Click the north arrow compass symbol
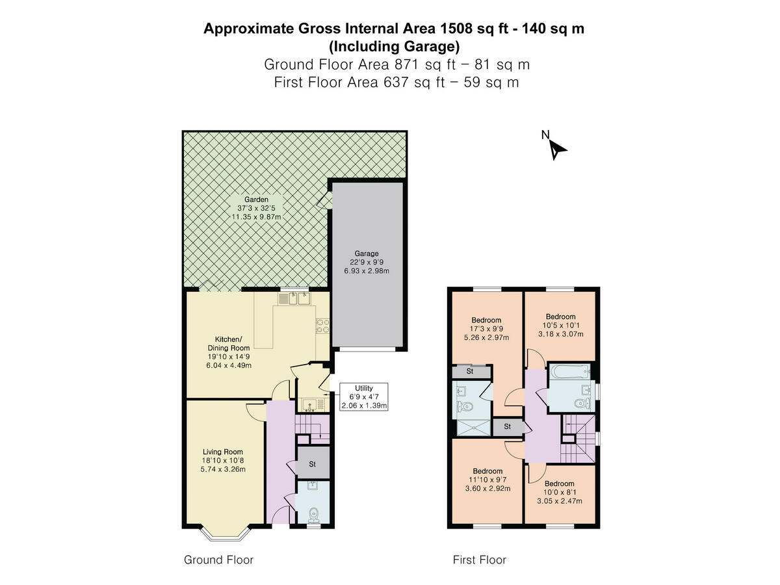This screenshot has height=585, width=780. click(x=556, y=148)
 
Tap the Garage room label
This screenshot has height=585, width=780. click(x=367, y=253)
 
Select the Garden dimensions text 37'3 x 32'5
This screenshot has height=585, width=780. click(x=256, y=208)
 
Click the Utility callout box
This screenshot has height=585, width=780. click(x=364, y=396)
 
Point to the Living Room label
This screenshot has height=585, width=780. click(x=223, y=452)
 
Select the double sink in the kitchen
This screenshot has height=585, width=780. click(x=296, y=299)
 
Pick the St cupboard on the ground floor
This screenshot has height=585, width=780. click(x=312, y=464)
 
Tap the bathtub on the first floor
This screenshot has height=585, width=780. click(x=569, y=373)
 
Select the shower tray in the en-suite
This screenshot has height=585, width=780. click(x=473, y=426)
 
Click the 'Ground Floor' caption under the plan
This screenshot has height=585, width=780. click(x=218, y=560)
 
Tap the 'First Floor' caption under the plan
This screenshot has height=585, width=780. click(x=479, y=560)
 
